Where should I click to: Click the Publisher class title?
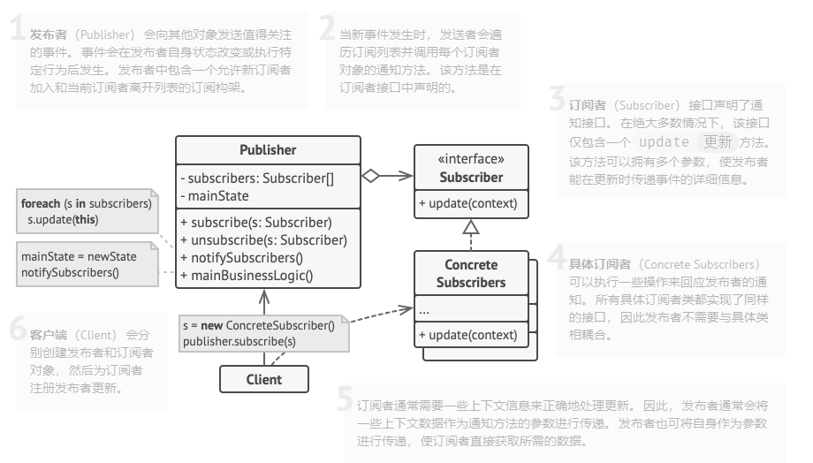(x=268, y=150)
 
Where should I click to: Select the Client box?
(x=264, y=379)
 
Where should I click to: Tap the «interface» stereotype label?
(x=471, y=159)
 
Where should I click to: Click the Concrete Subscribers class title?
(x=471, y=274)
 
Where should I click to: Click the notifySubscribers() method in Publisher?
(x=241, y=257)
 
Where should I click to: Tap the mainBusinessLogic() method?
(x=247, y=275)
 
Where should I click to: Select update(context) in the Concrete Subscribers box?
(x=467, y=335)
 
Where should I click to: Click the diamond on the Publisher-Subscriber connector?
(x=370, y=176)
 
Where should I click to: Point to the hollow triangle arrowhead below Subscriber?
(x=471, y=228)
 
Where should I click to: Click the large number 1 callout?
(x=17, y=31)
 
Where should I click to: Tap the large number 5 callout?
(x=346, y=399)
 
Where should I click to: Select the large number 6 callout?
(x=17, y=330)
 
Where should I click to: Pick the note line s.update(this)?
(x=63, y=219)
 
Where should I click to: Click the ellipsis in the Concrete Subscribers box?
(x=424, y=311)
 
